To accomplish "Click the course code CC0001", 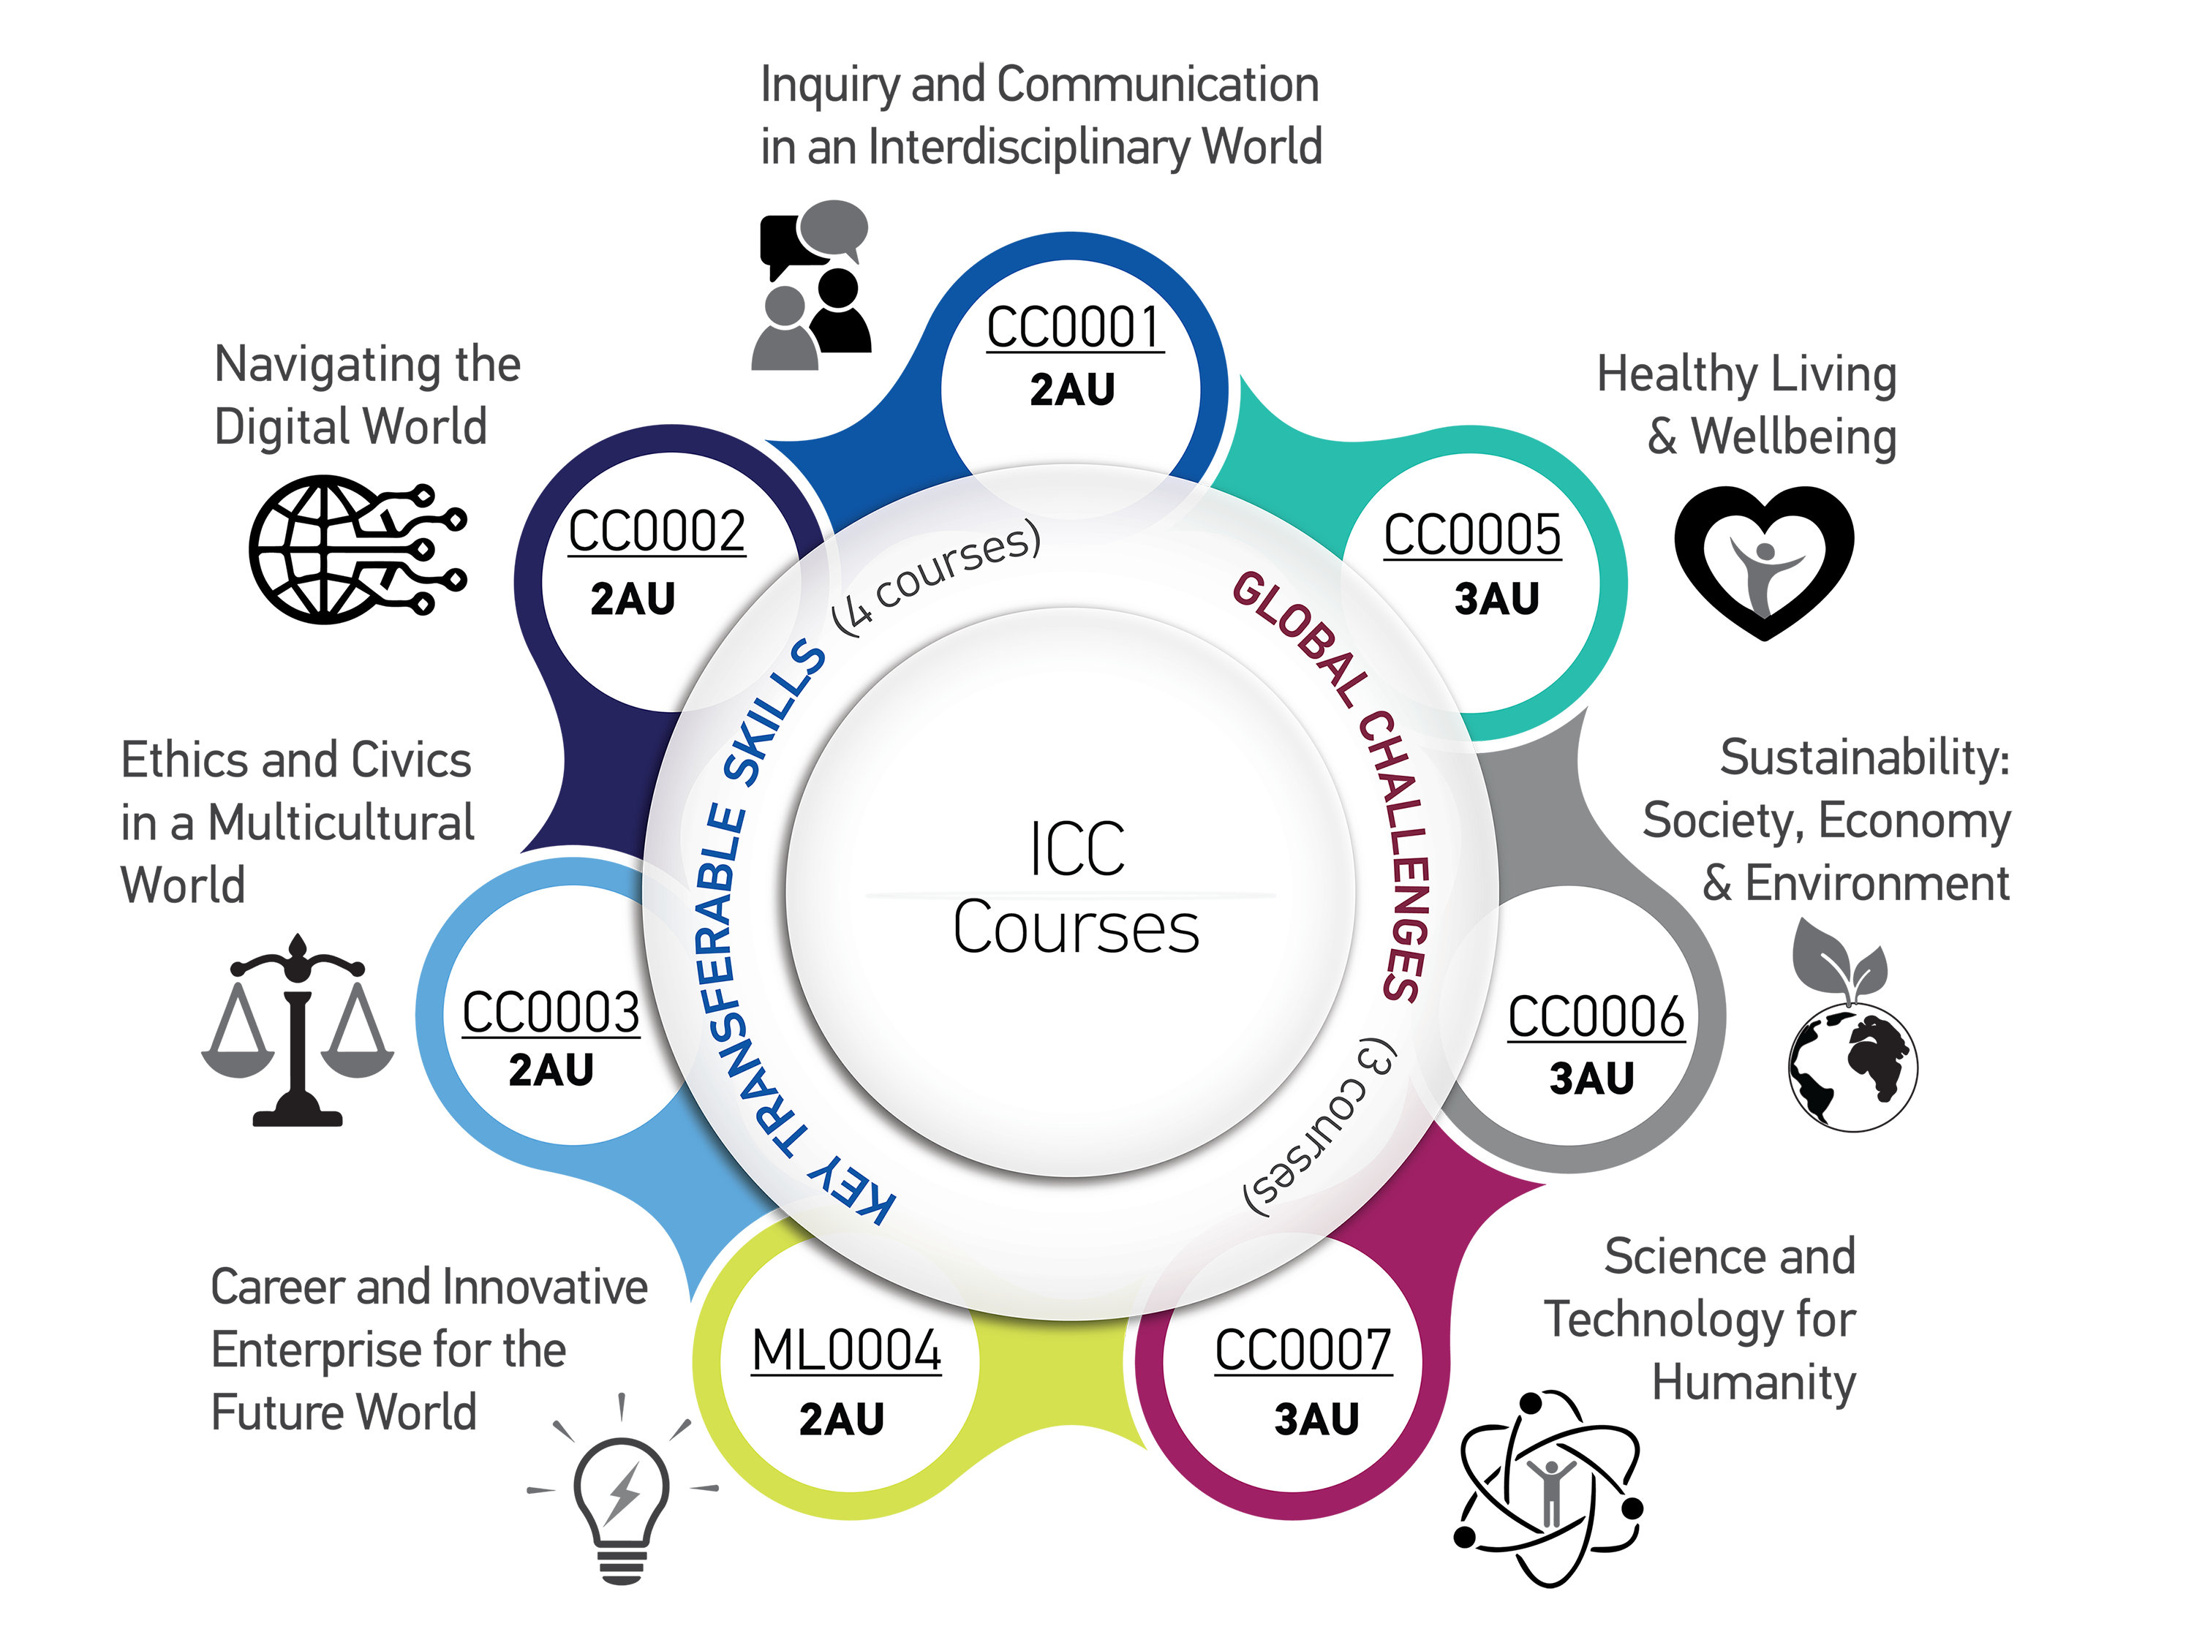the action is (1075, 328).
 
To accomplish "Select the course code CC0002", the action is (657, 532).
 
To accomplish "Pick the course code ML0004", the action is (846, 1351).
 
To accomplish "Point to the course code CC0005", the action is (1472, 535).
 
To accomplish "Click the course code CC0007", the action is (1303, 1351).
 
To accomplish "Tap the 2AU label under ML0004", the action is (841, 1420).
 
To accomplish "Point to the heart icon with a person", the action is (1764, 562).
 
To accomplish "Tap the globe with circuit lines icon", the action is (357, 549).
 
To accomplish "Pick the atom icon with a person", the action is (1549, 1490).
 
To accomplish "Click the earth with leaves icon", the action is (1852, 1026).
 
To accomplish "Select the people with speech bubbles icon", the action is (812, 285).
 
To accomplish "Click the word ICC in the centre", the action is (1077, 849).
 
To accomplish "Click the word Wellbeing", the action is (1794, 436).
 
